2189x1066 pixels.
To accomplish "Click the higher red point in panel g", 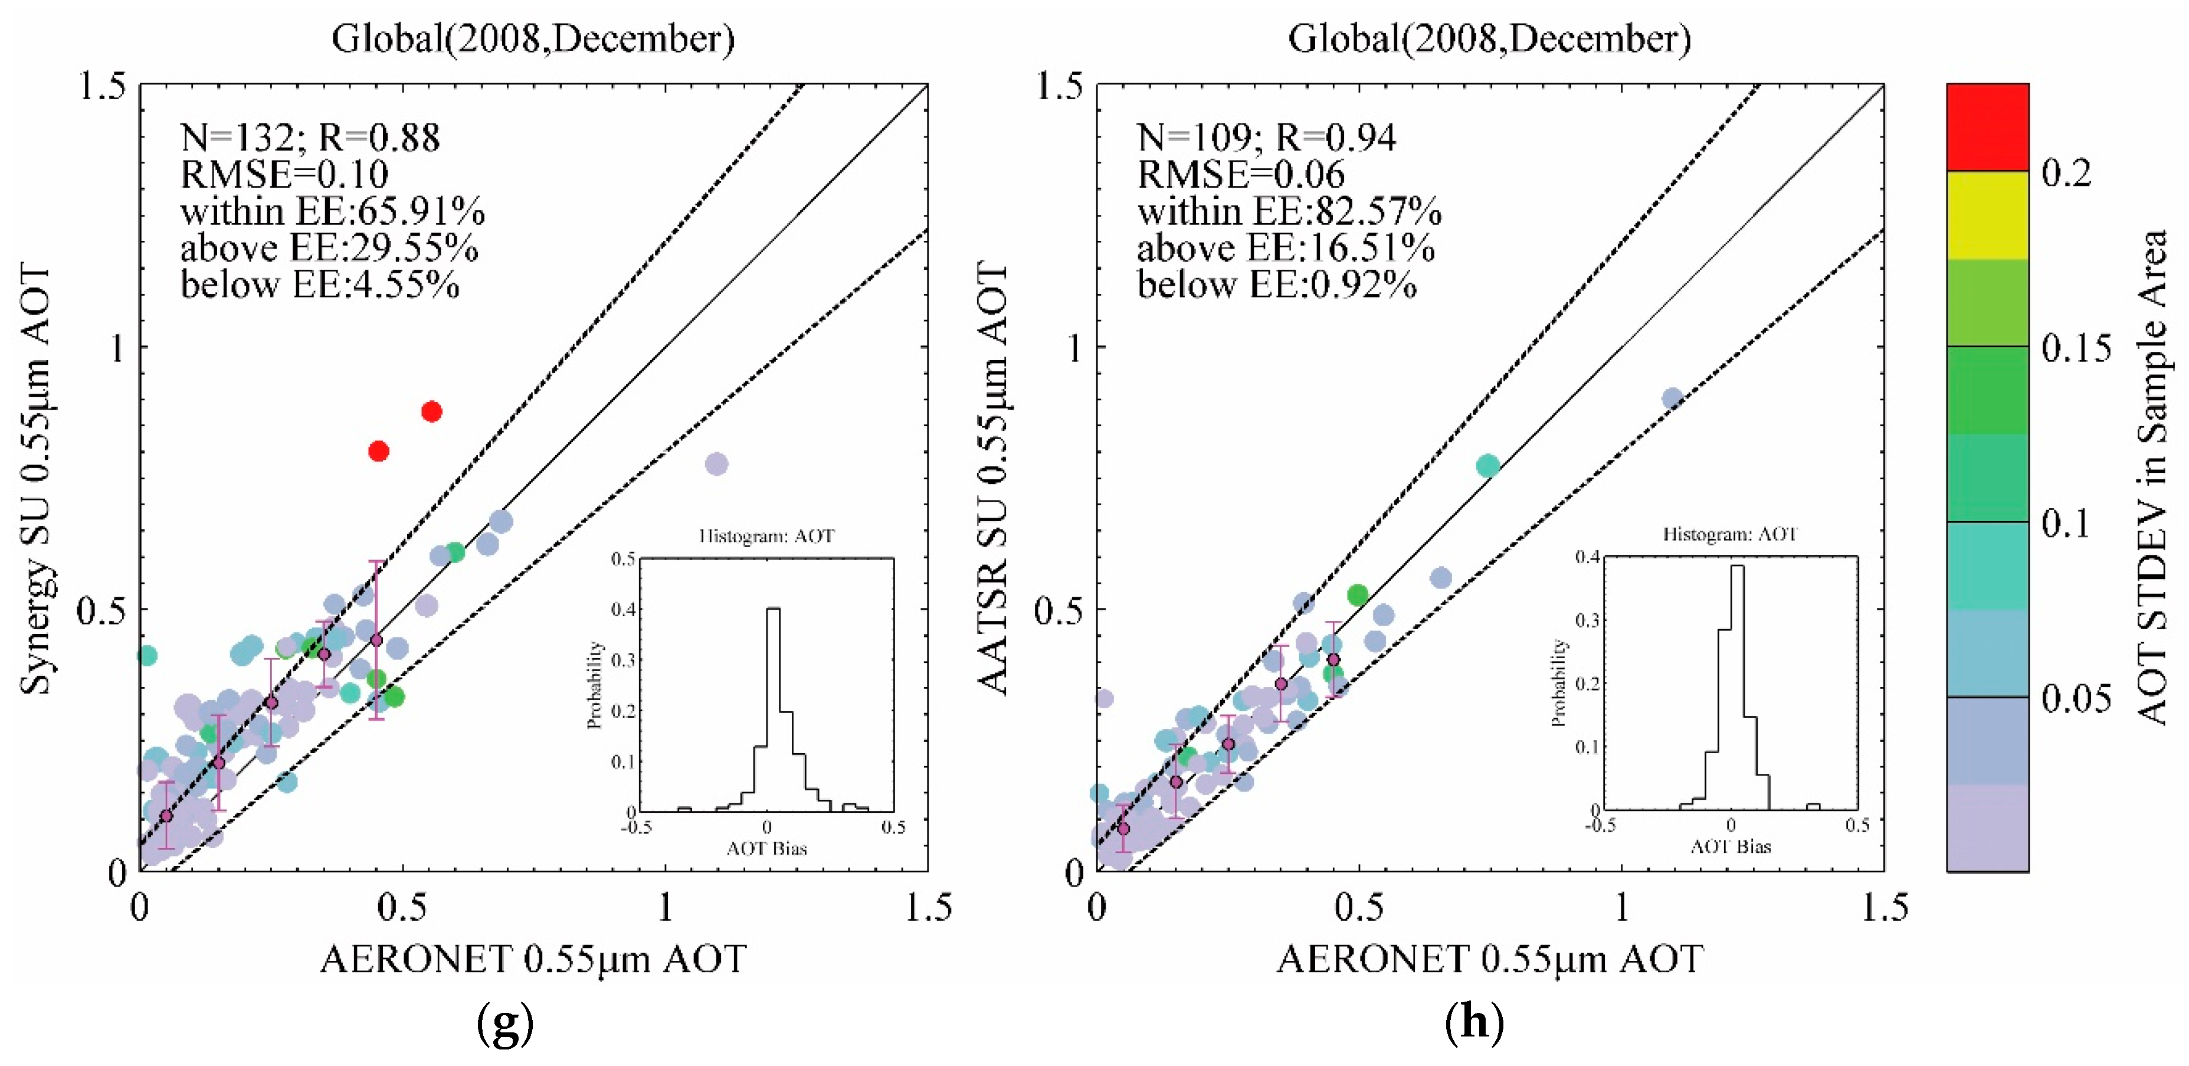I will point(432,411).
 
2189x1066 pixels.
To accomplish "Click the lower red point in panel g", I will point(379,450).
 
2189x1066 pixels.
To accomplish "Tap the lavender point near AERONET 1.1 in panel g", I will point(716,463).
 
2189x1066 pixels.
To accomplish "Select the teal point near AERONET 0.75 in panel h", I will point(1487,465).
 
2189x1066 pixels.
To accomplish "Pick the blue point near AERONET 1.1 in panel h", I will point(1672,398).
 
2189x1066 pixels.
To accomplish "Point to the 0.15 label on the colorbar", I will point(2075,348).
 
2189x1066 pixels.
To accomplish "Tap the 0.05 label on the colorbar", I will point(2075,698).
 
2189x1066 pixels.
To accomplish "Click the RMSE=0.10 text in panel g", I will point(284,174).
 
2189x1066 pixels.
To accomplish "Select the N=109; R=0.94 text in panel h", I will point(1266,137).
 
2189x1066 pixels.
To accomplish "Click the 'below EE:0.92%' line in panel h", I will point(1276,284).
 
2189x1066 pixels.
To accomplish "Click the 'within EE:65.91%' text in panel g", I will point(332,211).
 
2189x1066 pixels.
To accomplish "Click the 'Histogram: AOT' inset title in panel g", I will point(766,535).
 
